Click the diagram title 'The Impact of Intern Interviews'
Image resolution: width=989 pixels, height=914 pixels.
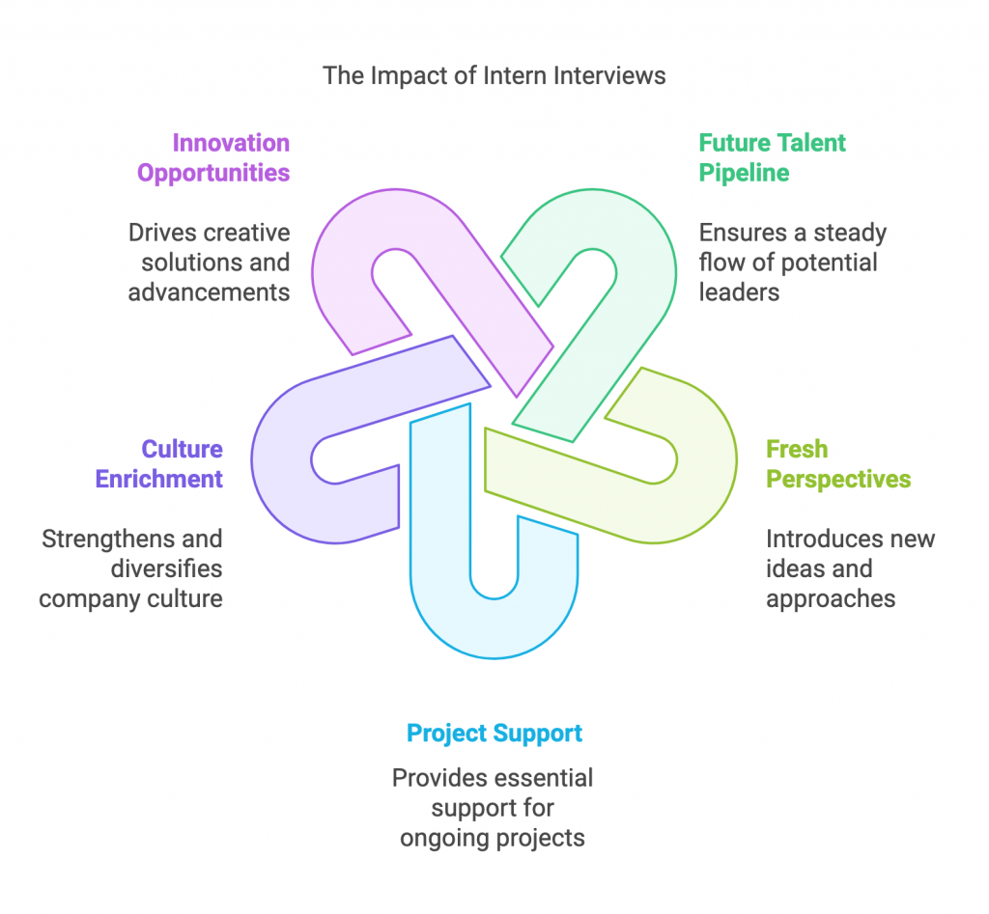[494, 75]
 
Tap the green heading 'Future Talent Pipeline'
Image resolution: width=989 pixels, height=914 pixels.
[772, 158]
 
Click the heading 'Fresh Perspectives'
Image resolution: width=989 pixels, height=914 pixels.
[838, 464]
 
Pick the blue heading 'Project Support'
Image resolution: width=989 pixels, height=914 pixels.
[494, 733]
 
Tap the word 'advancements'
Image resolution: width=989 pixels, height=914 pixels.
[210, 291]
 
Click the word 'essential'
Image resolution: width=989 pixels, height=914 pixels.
[544, 778]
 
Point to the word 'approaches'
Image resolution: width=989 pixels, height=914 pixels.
[831, 598]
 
